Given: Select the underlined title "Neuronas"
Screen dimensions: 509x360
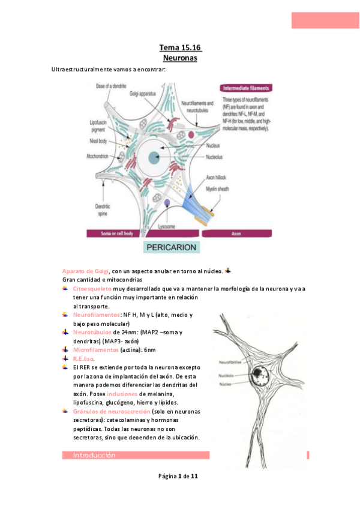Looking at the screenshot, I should pyautogui.click(x=180, y=58).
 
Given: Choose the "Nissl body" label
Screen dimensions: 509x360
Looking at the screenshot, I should pyautogui.click(x=99, y=141).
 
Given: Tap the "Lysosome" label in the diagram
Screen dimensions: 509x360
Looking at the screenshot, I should pyautogui.click(x=167, y=226).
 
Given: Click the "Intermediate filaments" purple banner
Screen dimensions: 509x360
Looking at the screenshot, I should pyautogui.click(x=245, y=88).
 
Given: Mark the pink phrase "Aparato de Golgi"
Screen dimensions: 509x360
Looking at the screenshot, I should pyautogui.click(x=86, y=271).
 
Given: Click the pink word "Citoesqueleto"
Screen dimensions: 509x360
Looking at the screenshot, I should pyautogui.click(x=92, y=289).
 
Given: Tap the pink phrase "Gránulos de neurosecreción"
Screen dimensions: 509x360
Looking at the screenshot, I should pyautogui.click(x=110, y=411).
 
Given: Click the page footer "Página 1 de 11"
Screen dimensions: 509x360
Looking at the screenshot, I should pyautogui.click(x=178, y=476).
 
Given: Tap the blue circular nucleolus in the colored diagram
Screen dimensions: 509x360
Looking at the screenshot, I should pyautogui.click(x=154, y=157).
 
